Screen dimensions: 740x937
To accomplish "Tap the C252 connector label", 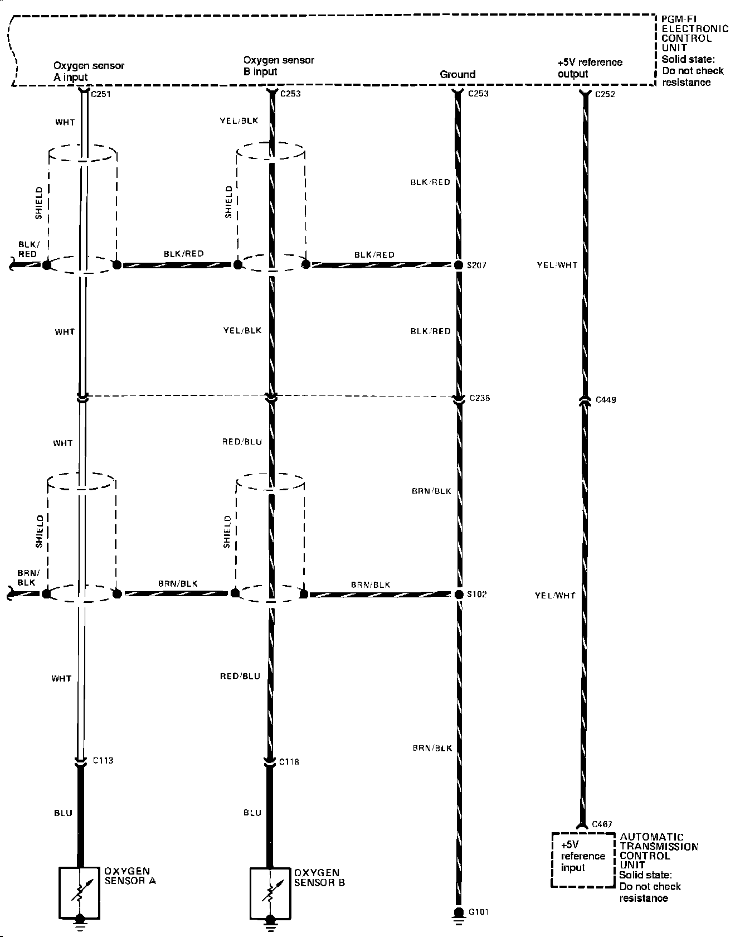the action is coord(605,94).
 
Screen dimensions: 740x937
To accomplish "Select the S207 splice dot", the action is coord(458,265).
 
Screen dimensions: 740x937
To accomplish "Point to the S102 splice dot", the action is coord(458,594).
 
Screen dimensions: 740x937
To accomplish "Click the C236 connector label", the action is coord(480,398).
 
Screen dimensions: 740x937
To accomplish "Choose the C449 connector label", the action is coord(606,400).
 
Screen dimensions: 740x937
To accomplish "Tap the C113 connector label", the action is coord(103,760).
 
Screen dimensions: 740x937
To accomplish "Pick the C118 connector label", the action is coord(289,762).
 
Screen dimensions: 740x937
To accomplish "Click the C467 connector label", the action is coord(602,824).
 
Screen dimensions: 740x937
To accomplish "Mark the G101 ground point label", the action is coord(479,912).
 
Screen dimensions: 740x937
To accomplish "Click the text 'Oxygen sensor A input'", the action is coord(89,71).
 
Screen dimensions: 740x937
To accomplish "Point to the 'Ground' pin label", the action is coord(457,74).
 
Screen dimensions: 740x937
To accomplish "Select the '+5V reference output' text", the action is coord(590,67).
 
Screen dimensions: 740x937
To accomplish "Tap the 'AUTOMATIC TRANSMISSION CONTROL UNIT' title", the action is coord(659,851).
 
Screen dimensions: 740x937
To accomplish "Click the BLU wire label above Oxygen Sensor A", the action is coord(63,813).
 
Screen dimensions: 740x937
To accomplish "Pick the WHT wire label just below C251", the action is coord(65,122).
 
